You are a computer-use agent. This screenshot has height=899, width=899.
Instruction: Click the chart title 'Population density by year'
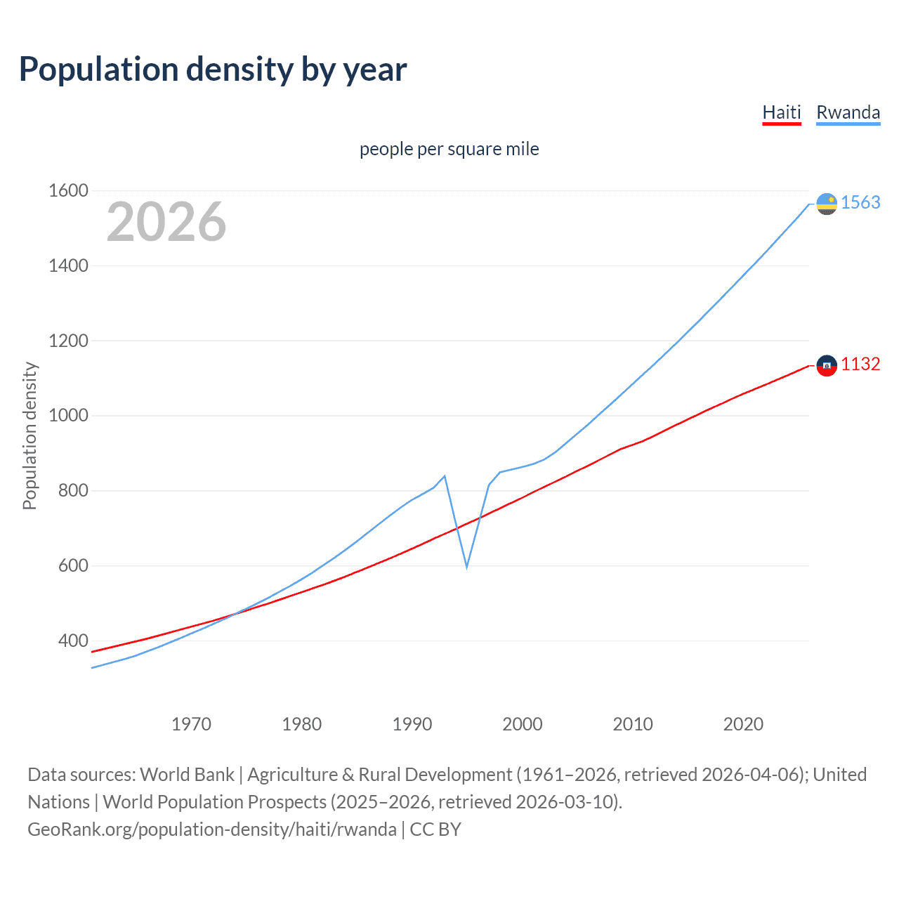pyautogui.click(x=213, y=70)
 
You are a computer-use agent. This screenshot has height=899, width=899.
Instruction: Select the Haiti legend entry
pyautogui.click(x=782, y=112)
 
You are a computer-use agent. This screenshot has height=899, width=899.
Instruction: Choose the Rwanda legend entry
pyautogui.click(x=848, y=112)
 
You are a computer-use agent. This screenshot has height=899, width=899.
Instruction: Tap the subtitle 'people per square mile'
pyautogui.click(x=449, y=149)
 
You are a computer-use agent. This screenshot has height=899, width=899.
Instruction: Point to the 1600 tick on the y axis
pyautogui.click(x=68, y=190)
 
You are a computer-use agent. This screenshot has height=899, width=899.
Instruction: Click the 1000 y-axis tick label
pyautogui.click(x=68, y=415)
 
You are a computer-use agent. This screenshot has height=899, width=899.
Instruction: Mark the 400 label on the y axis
pyautogui.click(x=73, y=641)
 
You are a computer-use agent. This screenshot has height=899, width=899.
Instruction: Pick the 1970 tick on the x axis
pyautogui.click(x=191, y=724)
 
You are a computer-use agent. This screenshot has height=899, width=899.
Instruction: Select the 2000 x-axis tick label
pyautogui.click(x=522, y=724)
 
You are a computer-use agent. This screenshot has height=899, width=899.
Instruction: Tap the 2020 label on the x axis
pyautogui.click(x=743, y=724)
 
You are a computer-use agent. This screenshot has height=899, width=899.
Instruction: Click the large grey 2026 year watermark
pyautogui.click(x=166, y=222)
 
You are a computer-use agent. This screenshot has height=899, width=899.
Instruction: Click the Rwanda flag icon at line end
pyautogui.click(x=827, y=204)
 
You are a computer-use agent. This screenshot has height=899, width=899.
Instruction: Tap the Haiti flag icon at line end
pyautogui.click(x=827, y=365)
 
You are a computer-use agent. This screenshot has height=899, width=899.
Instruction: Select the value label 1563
pyautogui.click(x=860, y=202)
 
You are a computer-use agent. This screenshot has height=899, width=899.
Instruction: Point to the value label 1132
pyautogui.click(x=860, y=364)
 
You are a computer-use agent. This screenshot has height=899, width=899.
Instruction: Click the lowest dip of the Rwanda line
pyautogui.click(x=466, y=567)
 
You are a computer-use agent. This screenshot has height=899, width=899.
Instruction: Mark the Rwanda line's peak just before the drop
pyautogui.click(x=445, y=476)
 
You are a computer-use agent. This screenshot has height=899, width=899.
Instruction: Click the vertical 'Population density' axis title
pyautogui.click(x=29, y=435)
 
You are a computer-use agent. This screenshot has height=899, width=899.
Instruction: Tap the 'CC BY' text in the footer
pyautogui.click(x=435, y=829)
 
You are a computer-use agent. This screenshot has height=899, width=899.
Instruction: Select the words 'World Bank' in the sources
pyautogui.click(x=187, y=775)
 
